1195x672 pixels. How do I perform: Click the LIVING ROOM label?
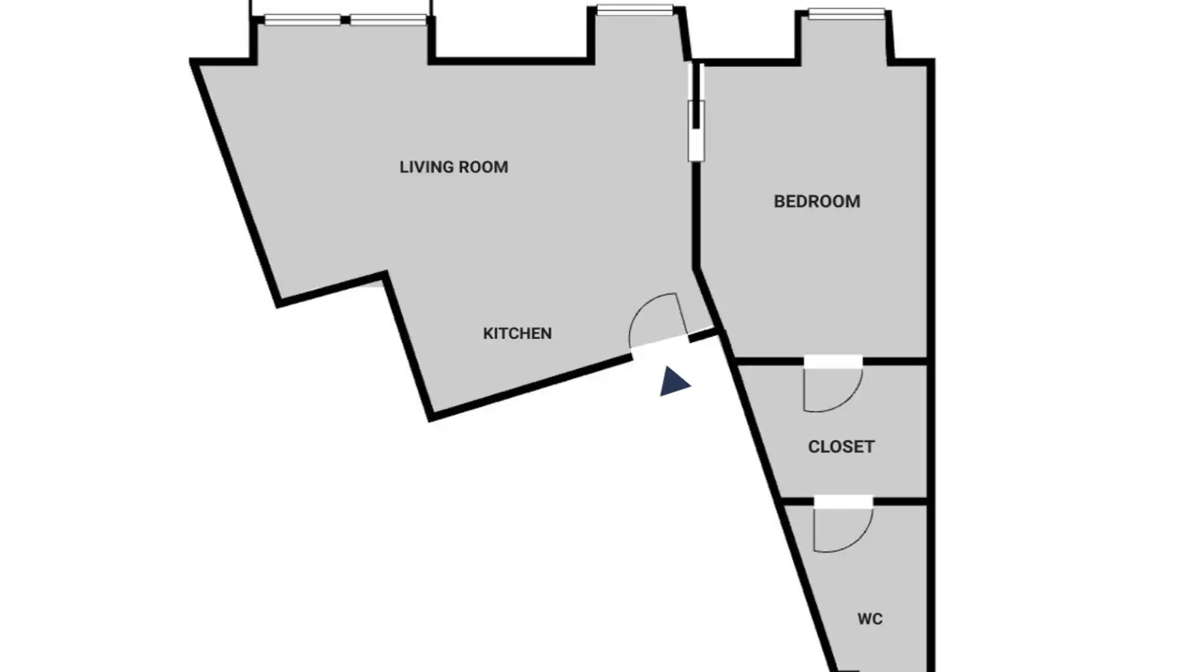click(453, 167)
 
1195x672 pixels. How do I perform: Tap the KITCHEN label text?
click(517, 333)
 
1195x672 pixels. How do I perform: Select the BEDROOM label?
click(817, 202)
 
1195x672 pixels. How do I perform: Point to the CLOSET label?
click(841, 447)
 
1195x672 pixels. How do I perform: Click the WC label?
click(869, 619)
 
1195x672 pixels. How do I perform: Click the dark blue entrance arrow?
click(673, 382)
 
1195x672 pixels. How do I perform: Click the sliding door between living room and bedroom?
click(695, 112)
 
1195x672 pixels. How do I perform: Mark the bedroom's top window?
click(847, 14)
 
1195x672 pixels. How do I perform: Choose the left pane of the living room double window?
click(302, 20)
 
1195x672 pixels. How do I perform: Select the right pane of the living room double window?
click(388, 20)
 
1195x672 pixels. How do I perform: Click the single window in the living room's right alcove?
click(635, 10)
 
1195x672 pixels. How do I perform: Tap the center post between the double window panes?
click(345, 20)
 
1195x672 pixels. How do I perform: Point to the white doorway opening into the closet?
click(834, 361)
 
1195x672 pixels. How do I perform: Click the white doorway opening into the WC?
click(843, 502)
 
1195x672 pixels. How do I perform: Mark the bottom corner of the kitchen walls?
click(431, 417)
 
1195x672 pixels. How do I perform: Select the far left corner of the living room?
click(193, 63)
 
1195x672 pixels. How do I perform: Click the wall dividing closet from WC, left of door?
click(797, 502)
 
